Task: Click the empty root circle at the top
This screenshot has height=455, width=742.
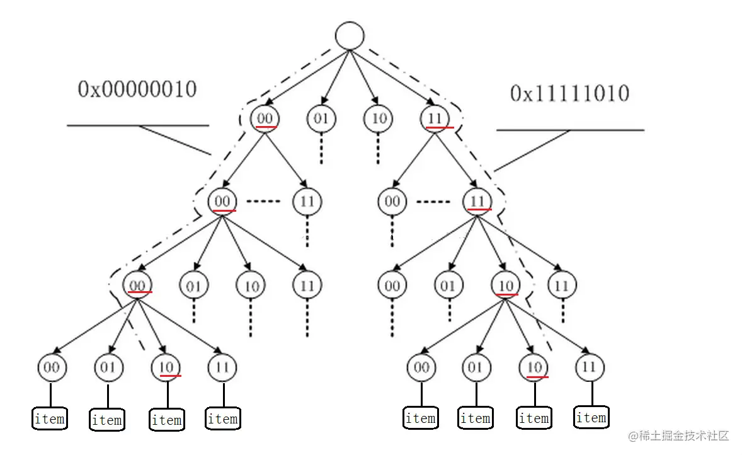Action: coord(350,35)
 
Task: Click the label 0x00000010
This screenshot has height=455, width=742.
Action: coord(137,89)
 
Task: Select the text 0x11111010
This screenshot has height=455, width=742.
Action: coord(570,93)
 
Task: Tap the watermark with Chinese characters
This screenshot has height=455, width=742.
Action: coord(678,435)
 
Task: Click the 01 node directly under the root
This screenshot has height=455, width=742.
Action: coord(321,118)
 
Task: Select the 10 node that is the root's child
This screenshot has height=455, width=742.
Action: coord(378,118)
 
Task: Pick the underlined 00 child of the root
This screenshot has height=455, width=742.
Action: coord(265,118)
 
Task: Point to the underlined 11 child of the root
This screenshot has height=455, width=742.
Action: coord(435,118)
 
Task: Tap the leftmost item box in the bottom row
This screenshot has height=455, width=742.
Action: coord(50,418)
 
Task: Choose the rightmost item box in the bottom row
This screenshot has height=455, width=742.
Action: coord(591,417)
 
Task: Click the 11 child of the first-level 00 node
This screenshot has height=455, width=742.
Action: coord(307,202)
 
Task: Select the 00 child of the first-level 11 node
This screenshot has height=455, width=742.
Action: coord(392,202)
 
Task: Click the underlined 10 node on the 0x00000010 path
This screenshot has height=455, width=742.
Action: coord(166,367)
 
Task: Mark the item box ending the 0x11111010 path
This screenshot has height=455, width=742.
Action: coord(534,418)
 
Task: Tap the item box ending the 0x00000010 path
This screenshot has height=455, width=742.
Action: coord(167,420)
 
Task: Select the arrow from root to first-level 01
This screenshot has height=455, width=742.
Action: coord(335,77)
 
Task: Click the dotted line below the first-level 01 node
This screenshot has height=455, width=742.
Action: coord(321,149)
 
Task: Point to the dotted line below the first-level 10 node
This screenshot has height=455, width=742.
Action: coord(378,149)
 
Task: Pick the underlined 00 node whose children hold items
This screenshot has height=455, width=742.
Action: coord(137,285)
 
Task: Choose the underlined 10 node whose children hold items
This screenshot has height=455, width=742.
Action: coord(505,285)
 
